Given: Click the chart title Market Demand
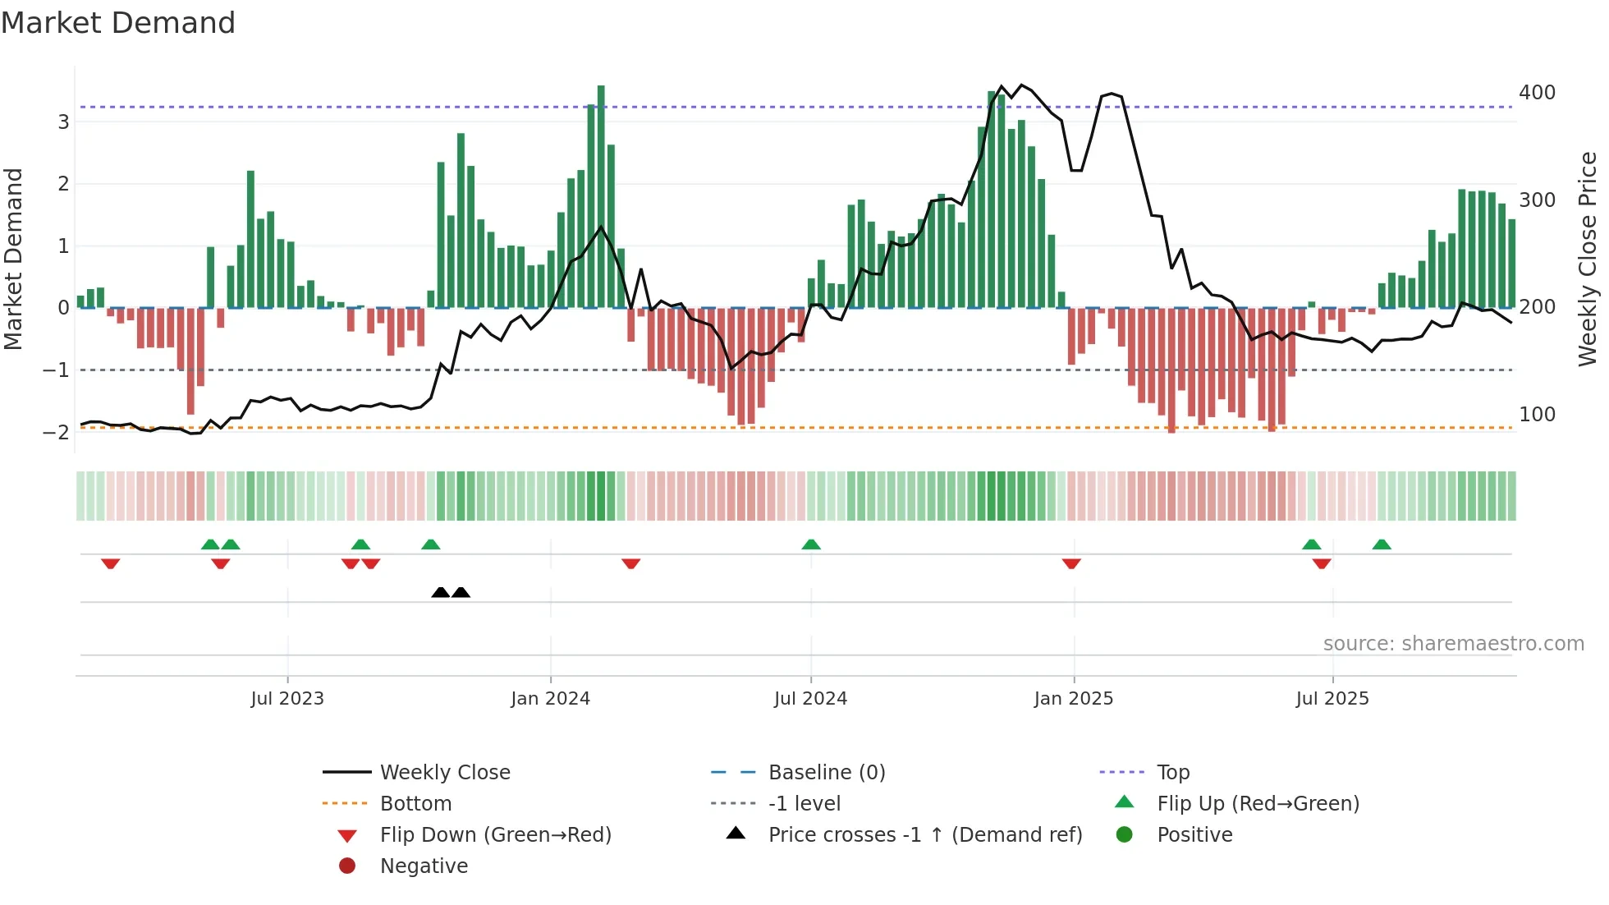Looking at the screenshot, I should click(118, 23).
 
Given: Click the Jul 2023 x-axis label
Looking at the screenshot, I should click(287, 699).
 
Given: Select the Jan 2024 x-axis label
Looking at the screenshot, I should click(550, 699).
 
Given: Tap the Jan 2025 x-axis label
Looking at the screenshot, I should click(1073, 699).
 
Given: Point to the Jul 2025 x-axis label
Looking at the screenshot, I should click(1332, 699).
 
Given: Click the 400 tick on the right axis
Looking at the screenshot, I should click(1537, 93).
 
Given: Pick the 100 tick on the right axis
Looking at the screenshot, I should click(1537, 415).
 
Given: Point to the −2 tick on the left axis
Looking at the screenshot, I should click(57, 432).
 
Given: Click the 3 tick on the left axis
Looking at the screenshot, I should click(63, 122).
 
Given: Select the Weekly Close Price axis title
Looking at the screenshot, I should click(1588, 259).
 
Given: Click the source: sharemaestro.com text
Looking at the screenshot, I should click(1453, 644).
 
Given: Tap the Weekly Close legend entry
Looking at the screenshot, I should click(445, 773).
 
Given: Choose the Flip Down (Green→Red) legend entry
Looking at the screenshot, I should click(495, 835).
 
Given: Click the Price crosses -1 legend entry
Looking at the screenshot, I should click(924, 835).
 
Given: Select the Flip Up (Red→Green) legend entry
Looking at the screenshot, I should click(1258, 804).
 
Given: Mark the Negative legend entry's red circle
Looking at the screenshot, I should click(347, 866).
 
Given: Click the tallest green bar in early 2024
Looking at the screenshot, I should click(601, 197).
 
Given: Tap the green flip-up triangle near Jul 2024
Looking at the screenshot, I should click(811, 544).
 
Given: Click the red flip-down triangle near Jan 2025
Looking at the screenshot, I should click(1071, 563).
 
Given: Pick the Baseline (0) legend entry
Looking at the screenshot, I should click(826, 773).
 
